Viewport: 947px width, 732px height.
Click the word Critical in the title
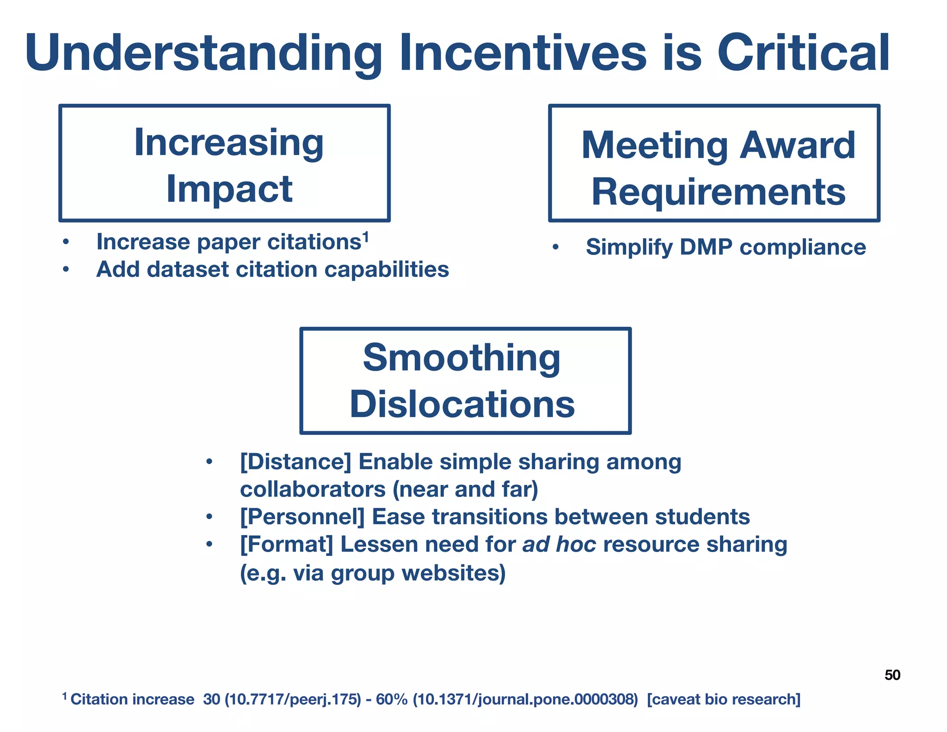click(x=803, y=53)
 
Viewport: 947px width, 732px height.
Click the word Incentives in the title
click(x=523, y=53)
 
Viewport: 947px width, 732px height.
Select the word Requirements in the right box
click(x=719, y=192)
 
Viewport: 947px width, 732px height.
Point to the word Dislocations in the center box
click(x=462, y=404)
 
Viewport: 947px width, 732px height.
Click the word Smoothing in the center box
click(x=461, y=358)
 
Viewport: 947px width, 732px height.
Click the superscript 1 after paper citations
click(x=365, y=237)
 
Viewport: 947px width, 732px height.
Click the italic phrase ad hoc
click(x=559, y=545)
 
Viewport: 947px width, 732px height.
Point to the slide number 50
click(x=892, y=675)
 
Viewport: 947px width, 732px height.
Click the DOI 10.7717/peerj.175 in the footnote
click(x=293, y=699)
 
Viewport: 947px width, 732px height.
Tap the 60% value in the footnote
click(x=391, y=699)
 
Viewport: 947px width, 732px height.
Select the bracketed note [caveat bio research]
click(x=724, y=699)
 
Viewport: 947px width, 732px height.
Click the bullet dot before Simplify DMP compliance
click(x=555, y=248)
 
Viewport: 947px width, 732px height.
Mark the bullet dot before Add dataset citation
click(x=66, y=270)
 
